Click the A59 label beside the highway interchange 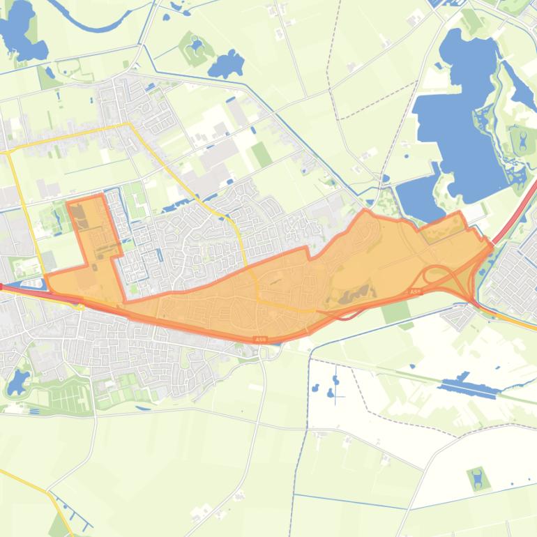(415, 292)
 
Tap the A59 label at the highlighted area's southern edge (260, 339)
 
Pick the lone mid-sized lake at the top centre (226, 66)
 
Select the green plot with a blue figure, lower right (478, 479)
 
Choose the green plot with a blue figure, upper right (522, 142)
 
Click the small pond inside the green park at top (196, 46)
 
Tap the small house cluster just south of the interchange (460, 317)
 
